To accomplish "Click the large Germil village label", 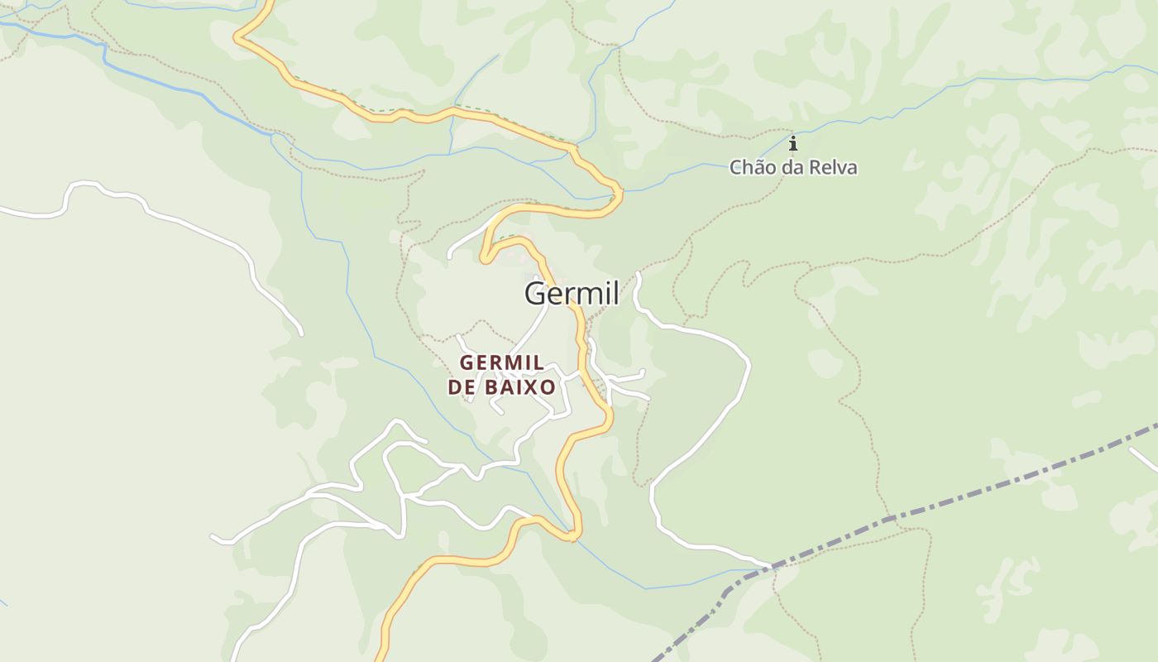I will click(572, 294).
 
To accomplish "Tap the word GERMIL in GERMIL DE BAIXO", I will click(501, 362).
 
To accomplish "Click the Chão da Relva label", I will click(792, 168).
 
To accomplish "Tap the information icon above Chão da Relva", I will click(792, 144).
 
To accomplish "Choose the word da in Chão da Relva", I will click(790, 168).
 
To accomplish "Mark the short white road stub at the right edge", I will click(1144, 458).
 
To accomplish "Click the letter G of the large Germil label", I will click(535, 294).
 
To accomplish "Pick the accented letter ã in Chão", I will click(757, 168).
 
